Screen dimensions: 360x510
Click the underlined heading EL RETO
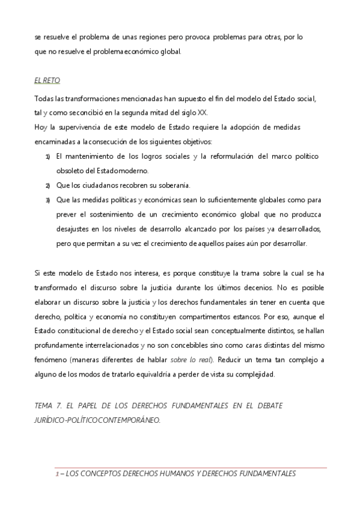[47, 80]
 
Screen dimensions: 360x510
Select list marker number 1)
[47, 157]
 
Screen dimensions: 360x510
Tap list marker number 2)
[47, 185]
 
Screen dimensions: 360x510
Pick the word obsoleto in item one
[68, 171]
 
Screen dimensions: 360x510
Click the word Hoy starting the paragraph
[40, 127]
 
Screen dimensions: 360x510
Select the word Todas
[44, 98]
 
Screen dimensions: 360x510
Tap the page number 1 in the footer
[56, 474]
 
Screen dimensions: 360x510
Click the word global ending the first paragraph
[170, 51]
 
